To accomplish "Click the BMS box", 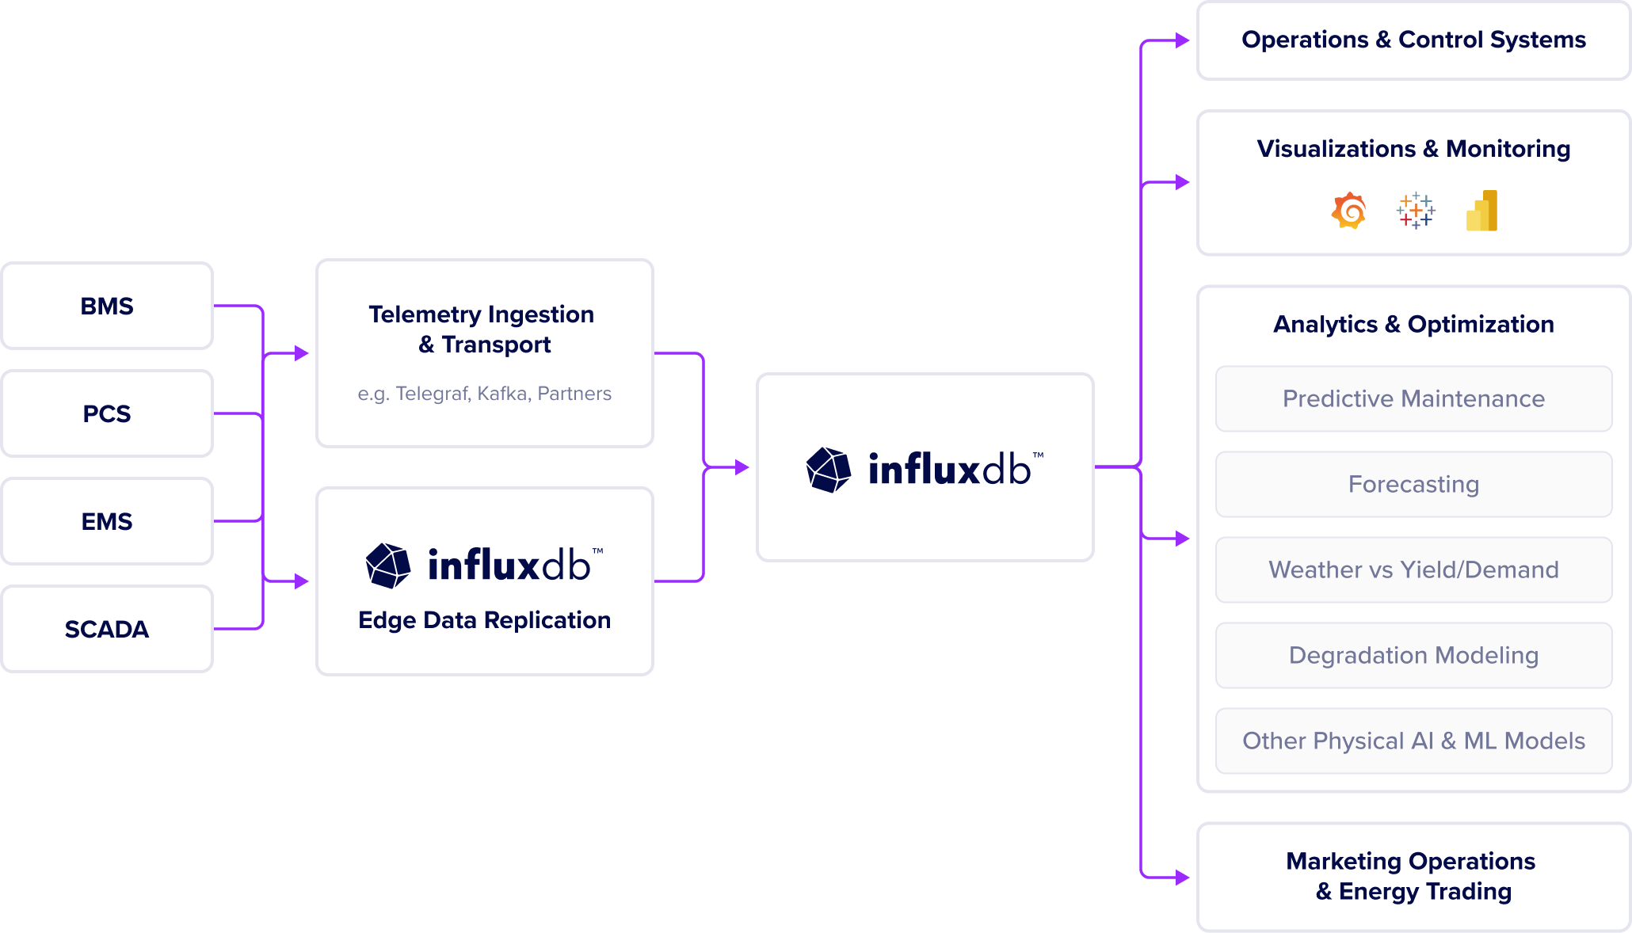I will pos(107,306).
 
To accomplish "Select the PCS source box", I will pos(107,413).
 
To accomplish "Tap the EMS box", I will pos(107,521).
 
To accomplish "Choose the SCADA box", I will pos(107,629).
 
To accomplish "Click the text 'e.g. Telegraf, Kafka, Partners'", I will pos(484,394).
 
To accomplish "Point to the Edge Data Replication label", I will pos(484,620).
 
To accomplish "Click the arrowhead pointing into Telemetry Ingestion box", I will pos(302,353).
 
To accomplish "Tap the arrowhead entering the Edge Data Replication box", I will pos(302,581).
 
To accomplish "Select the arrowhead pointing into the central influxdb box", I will pos(742,467).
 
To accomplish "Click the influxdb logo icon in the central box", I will pos(829,470).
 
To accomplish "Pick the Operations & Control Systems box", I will pos(1413,40).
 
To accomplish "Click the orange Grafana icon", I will pos(1348,211).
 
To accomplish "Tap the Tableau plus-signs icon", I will pos(1415,211).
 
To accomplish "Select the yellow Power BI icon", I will pos(1482,211).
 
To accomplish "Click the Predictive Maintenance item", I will pos(1413,398).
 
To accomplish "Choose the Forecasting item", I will pos(1413,484).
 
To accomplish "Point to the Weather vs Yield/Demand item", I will pos(1413,569).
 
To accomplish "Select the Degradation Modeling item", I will pos(1413,655).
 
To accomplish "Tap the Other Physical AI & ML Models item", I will pos(1413,741).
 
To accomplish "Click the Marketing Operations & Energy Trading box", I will pos(1413,876).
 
